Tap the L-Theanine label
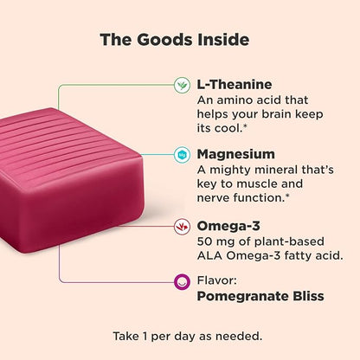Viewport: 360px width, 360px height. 235,84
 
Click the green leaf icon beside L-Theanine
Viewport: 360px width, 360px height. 182,85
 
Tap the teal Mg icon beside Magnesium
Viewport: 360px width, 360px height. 182,154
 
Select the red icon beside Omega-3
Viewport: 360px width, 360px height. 182,226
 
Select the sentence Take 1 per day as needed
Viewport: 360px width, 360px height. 180,335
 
